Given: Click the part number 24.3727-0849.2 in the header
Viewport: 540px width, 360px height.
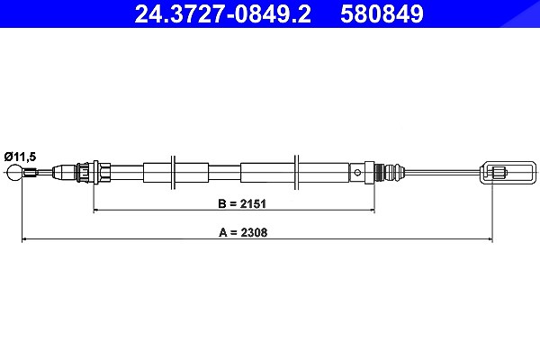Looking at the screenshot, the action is tap(223, 13).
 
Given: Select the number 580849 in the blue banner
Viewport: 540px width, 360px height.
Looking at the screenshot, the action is tap(382, 13).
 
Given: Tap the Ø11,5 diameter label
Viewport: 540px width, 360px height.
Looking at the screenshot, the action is tap(20, 157).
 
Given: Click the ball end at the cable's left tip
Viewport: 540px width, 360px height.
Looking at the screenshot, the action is tap(14, 172).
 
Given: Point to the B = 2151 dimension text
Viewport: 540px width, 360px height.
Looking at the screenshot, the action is tap(242, 203).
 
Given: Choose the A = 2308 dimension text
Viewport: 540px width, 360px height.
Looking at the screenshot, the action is tap(243, 232).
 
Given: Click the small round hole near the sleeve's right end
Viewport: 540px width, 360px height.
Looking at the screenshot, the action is tap(357, 172).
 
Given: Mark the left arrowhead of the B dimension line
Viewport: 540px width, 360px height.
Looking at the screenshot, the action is tap(96, 210).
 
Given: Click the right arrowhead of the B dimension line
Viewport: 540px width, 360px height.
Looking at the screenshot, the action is tap(372, 210).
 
